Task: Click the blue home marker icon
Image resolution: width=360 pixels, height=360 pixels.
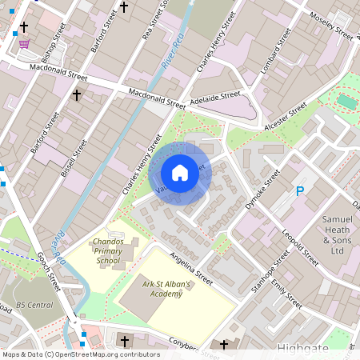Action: tap(180, 173)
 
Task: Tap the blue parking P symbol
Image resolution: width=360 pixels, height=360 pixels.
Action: tap(300, 191)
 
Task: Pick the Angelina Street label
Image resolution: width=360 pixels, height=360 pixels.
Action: tap(190, 269)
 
